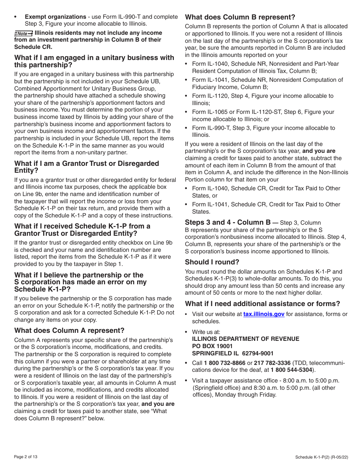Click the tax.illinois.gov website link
264,314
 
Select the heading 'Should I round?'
212,262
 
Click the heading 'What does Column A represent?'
69,331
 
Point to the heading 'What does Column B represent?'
240,17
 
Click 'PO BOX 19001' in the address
212,346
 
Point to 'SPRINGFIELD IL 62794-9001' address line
232,353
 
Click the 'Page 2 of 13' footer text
26,457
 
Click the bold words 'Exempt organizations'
55,17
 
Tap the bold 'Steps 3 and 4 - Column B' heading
228,222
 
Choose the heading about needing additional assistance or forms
262,304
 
